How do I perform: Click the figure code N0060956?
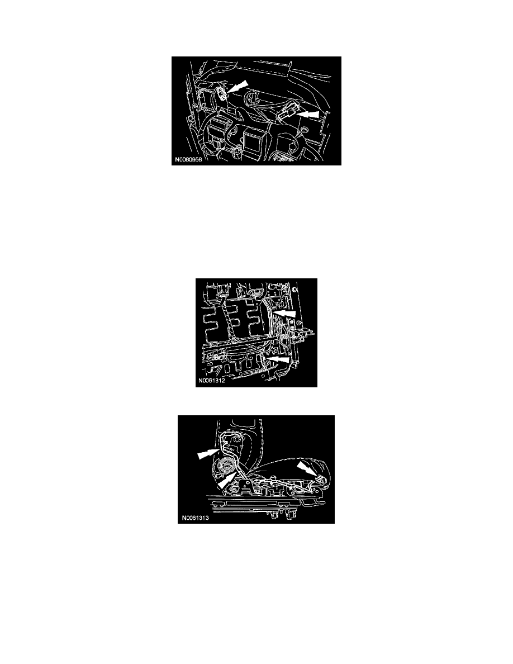pos(188,160)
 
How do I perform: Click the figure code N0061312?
pos(212,380)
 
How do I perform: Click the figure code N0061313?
pos(196,518)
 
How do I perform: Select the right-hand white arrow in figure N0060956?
pos(308,115)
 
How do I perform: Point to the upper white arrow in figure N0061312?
pos(283,314)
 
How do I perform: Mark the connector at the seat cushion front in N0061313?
pos(321,480)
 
